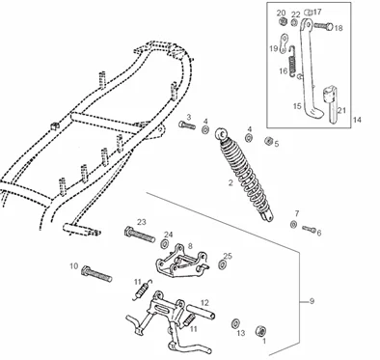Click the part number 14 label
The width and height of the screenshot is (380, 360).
[357, 120]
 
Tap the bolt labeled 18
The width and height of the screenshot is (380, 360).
[323, 26]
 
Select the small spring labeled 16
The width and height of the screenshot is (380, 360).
[292, 61]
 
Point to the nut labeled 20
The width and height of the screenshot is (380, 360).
[283, 21]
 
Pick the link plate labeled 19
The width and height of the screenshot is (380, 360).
[284, 43]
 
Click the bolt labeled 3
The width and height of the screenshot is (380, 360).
[187, 125]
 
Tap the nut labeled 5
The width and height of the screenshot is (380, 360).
[269, 141]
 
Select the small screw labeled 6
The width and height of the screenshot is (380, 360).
[309, 229]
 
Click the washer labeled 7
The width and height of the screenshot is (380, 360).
[293, 225]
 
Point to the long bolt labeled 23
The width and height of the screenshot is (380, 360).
[139, 235]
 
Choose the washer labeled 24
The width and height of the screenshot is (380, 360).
[164, 244]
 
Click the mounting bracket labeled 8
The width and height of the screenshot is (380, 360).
[181, 262]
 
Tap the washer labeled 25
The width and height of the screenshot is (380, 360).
[222, 264]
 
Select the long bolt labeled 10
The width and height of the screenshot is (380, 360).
[96, 274]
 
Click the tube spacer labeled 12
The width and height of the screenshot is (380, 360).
[201, 312]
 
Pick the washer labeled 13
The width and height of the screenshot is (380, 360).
[235, 323]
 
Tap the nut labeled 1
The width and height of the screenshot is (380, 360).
[260, 331]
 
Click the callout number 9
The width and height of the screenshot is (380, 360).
[312, 301]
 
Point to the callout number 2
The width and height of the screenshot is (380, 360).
[231, 183]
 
